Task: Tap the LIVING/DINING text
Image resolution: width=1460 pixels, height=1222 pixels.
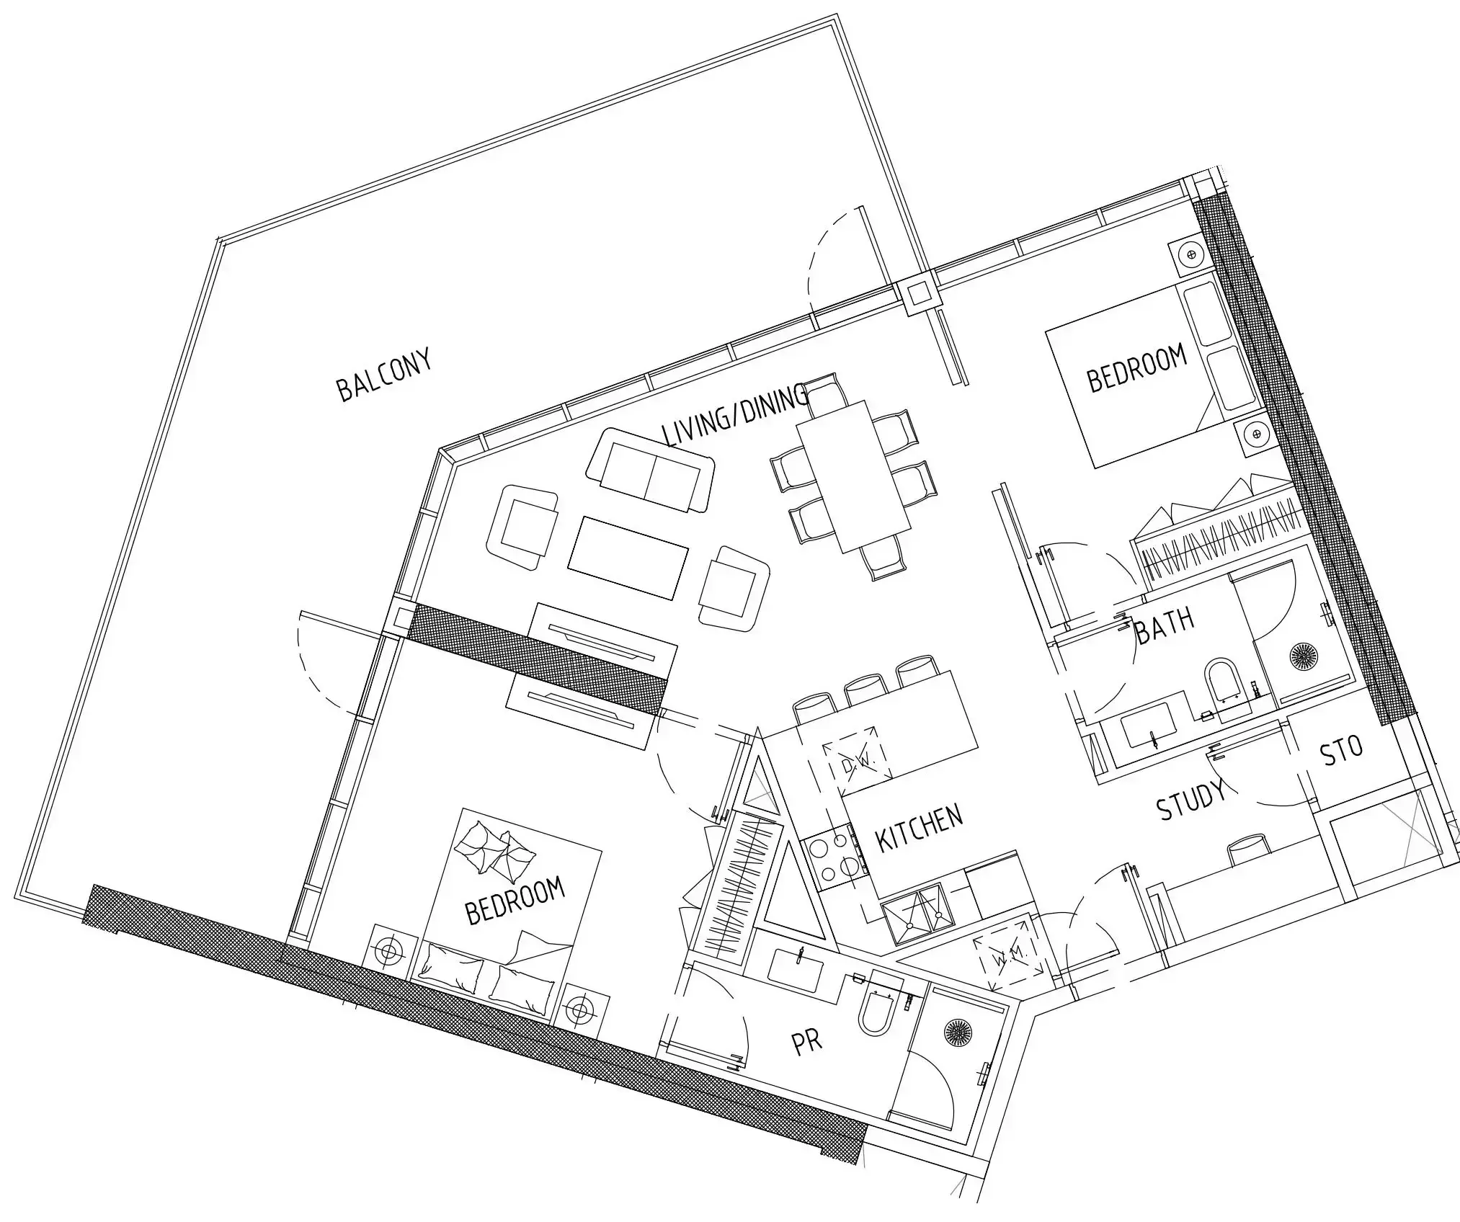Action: point(734,416)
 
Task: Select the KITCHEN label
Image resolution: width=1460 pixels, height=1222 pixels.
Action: point(919,828)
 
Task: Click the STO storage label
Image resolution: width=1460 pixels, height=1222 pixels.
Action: point(1341,750)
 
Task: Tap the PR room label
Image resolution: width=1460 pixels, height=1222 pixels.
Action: point(806,1042)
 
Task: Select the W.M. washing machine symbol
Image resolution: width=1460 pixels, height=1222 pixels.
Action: point(1007,960)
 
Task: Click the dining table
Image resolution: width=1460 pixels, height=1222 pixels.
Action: point(853,476)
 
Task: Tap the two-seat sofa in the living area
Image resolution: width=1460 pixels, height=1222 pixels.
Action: point(651,471)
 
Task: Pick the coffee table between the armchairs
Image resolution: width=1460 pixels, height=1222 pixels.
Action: point(628,557)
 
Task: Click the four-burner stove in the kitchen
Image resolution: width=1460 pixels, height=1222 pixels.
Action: point(836,857)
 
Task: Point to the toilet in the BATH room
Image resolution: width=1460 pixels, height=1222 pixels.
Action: point(1223,680)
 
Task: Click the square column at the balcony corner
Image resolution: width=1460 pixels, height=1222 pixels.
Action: point(918,294)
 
